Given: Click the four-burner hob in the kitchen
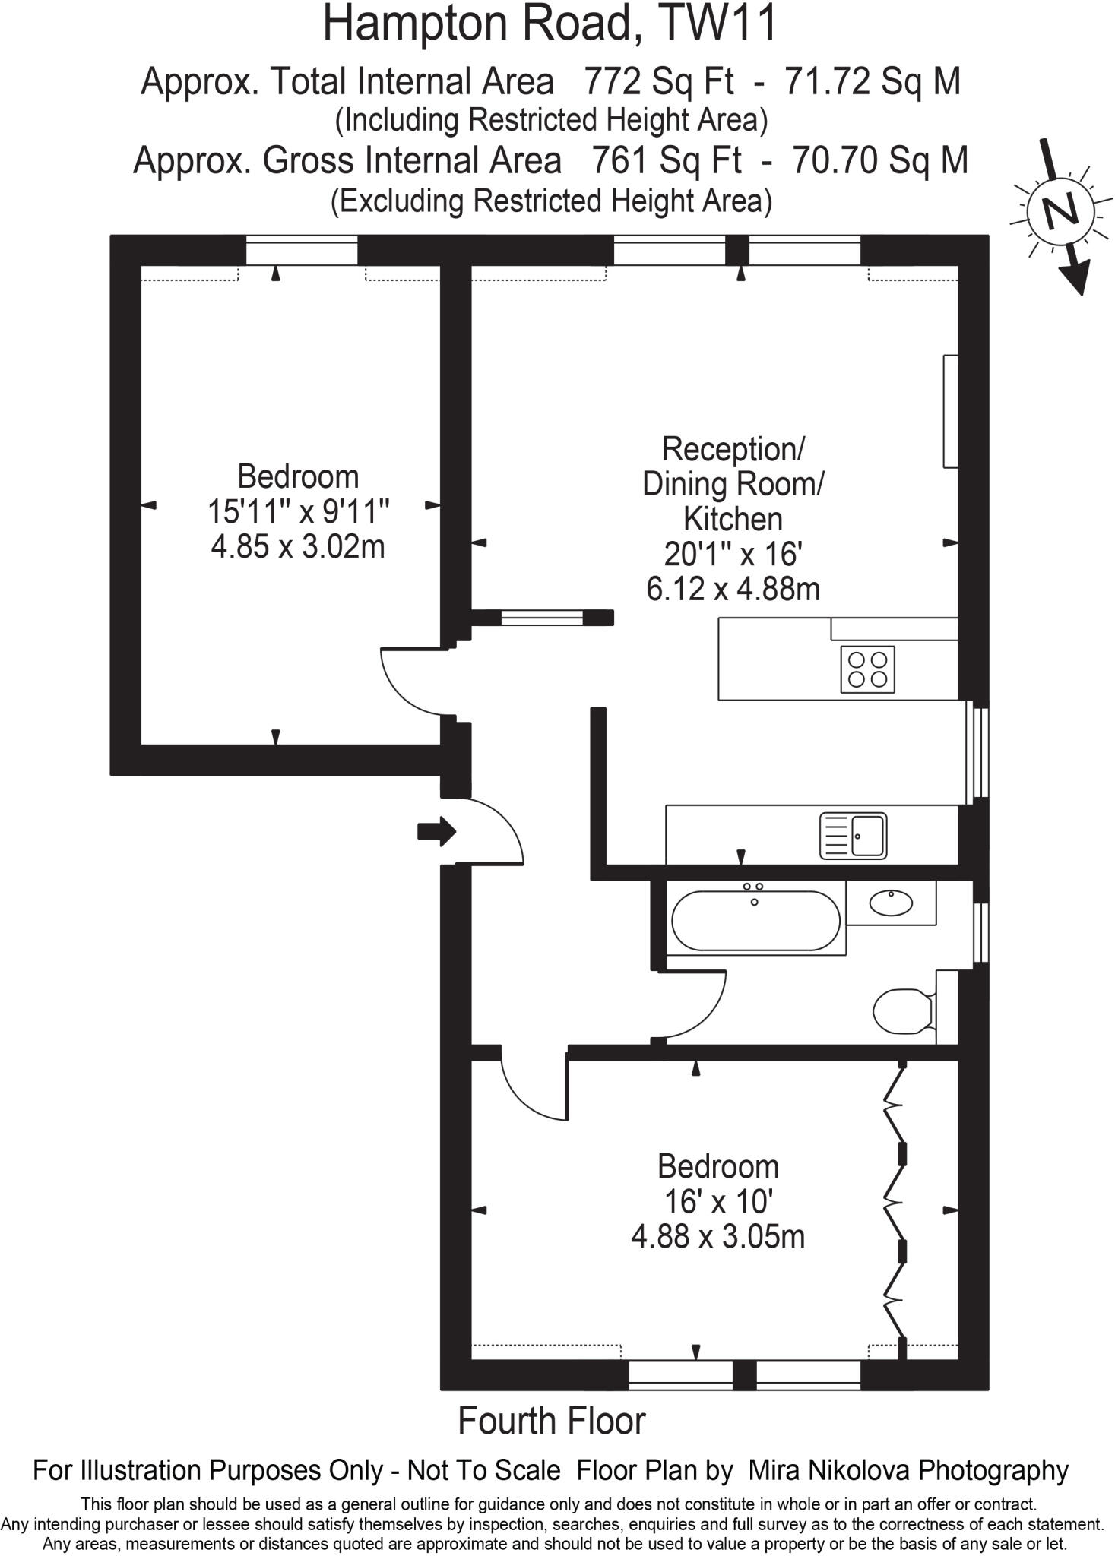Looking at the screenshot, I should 867,669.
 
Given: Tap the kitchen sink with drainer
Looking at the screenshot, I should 853,836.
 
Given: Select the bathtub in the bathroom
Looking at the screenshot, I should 756,920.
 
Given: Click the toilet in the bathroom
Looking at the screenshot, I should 903,1011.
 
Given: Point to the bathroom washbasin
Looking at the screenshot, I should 890,903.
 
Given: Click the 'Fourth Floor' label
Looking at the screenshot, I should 551,1421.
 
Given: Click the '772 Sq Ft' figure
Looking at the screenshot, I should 658,81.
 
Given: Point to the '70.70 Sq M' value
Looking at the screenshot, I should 879,160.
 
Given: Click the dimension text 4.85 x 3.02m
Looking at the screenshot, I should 298,546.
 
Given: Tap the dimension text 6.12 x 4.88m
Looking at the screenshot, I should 733,589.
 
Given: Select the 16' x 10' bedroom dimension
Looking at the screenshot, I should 717,1202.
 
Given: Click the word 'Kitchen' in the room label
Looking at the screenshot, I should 733,519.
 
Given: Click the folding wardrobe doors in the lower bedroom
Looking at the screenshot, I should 896,1208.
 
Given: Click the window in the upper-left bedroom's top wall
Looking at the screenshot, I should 302,250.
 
